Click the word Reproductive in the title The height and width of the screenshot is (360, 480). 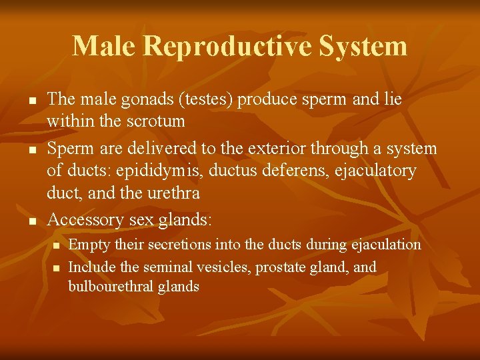pos(226,47)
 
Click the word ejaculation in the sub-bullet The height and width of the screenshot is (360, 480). pos(384,245)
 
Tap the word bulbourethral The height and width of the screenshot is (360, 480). pos(110,287)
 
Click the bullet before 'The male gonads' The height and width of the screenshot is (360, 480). pos(31,101)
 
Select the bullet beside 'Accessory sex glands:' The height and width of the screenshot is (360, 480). pos(31,221)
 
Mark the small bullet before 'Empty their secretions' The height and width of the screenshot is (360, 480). pos(56,246)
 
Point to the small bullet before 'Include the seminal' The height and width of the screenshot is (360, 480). pos(56,269)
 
